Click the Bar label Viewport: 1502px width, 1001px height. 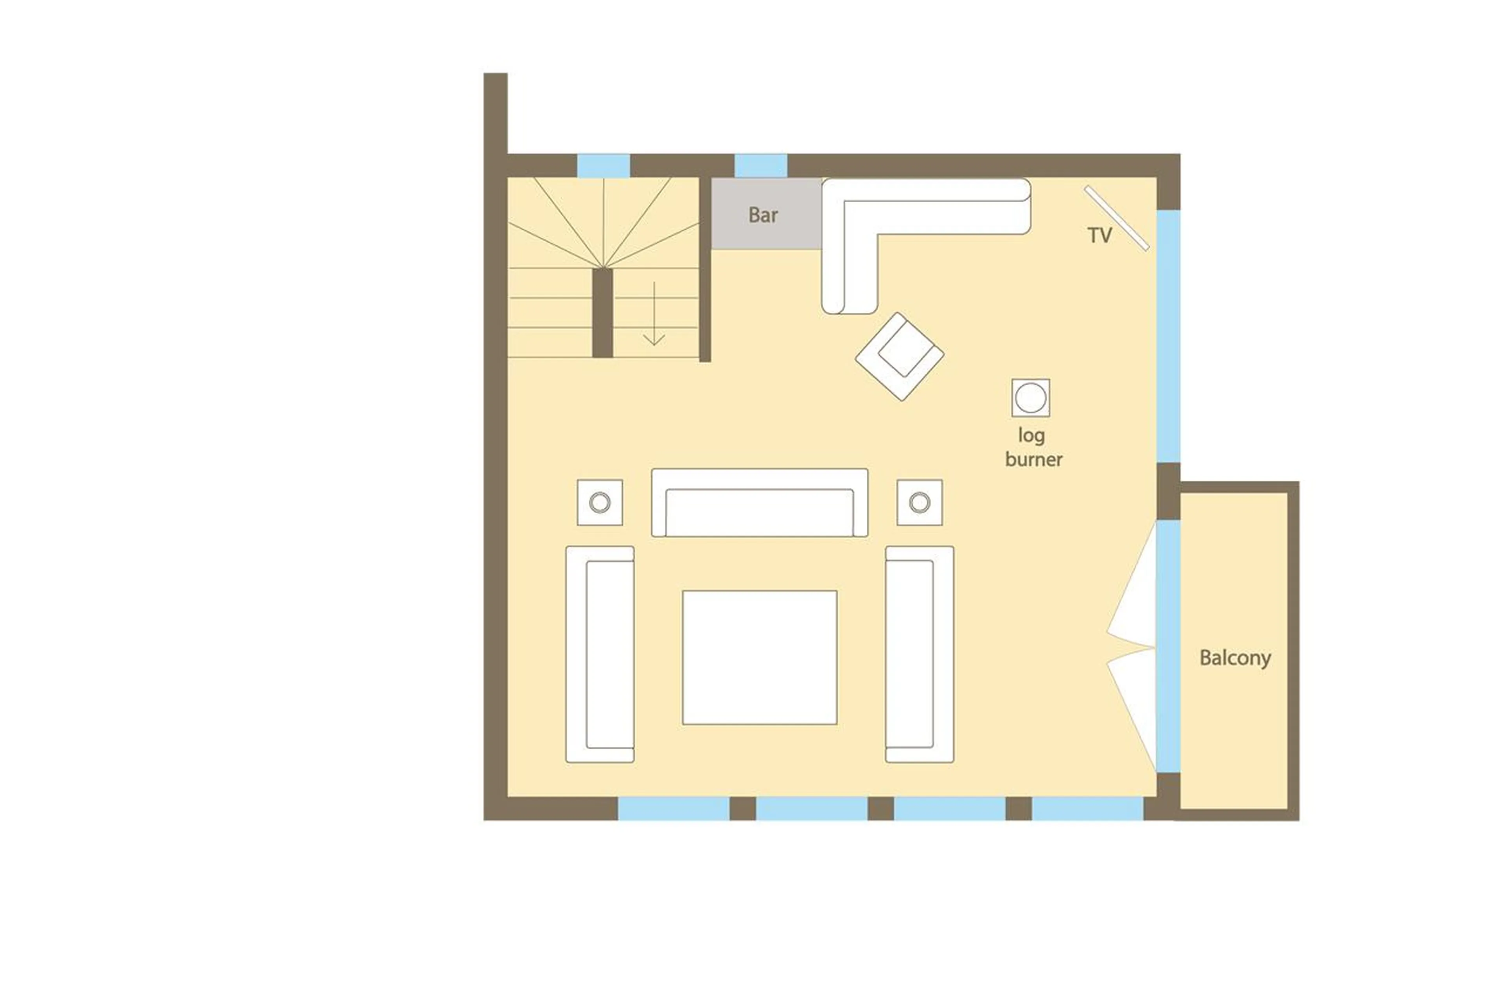(x=763, y=215)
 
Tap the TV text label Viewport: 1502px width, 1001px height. (x=1099, y=235)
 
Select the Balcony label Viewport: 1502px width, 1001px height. (x=1234, y=658)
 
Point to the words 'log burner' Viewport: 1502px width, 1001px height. (x=1033, y=447)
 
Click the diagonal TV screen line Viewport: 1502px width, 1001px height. (x=1116, y=218)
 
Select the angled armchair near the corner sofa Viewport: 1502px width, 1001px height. (x=899, y=356)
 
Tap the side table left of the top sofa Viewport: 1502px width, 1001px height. (x=599, y=502)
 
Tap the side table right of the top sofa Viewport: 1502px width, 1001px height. (x=919, y=502)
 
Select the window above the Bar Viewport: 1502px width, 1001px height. (x=760, y=165)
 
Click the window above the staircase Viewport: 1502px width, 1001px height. (x=603, y=165)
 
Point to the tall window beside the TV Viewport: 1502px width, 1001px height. (x=1168, y=336)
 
